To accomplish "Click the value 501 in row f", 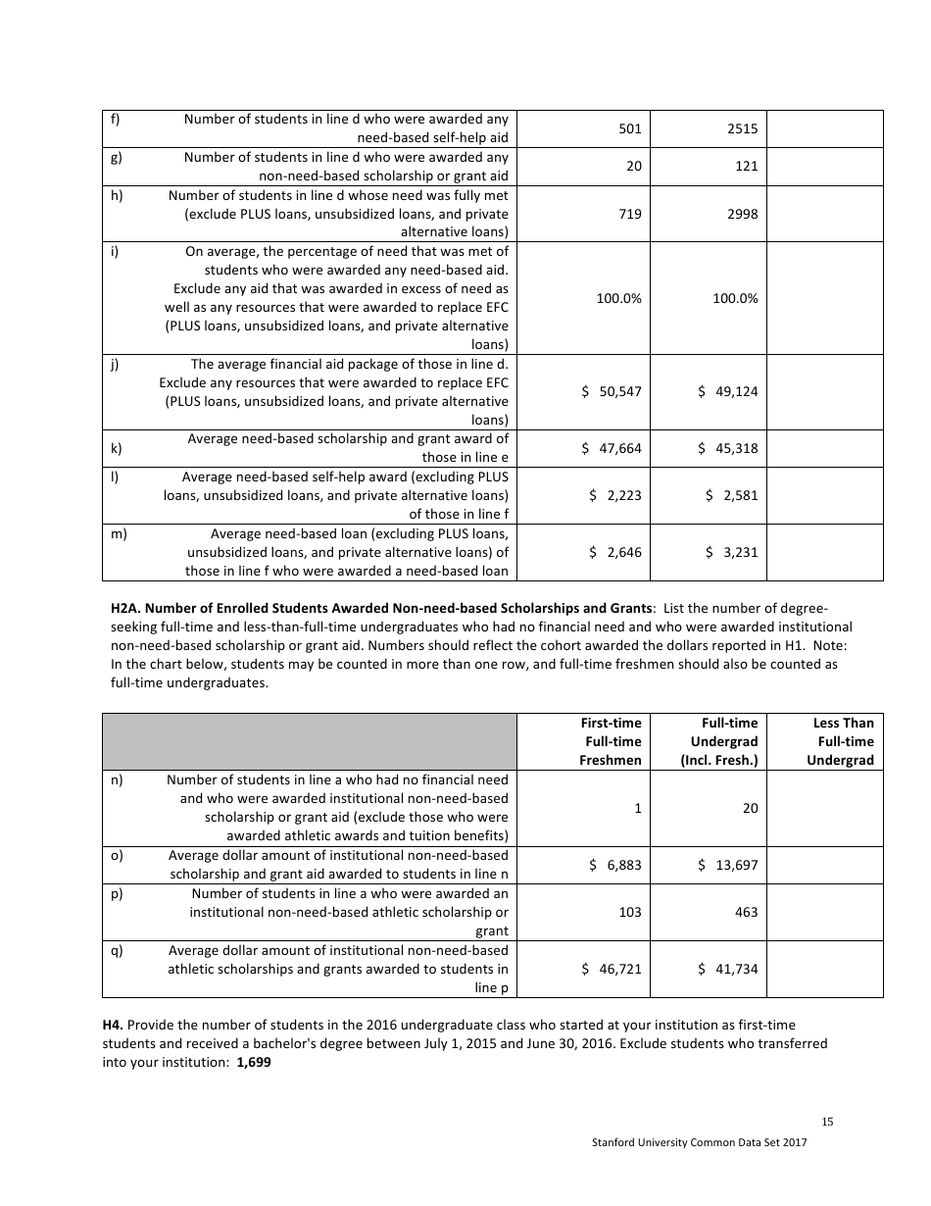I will click(x=630, y=128).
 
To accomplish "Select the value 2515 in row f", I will click(x=746, y=128).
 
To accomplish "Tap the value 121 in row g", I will click(x=746, y=167).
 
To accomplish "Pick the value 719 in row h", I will click(x=630, y=214).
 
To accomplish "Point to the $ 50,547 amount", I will click(x=612, y=391).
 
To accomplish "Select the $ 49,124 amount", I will click(x=728, y=391).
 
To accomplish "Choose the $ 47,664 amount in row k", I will click(x=612, y=448).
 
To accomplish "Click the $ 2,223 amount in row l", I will click(x=615, y=495).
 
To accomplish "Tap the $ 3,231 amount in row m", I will click(x=732, y=552).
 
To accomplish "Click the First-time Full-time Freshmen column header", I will click(x=612, y=741).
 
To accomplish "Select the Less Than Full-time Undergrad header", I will click(x=842, y=741).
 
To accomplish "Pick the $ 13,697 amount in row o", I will click(x=728, y=865).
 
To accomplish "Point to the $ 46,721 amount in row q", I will click(x=612, y=969).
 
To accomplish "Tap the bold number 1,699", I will click(x=253, y=1062).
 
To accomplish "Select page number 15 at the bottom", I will click(x=827, y=1122).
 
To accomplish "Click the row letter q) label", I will click(x=116, y=950).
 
